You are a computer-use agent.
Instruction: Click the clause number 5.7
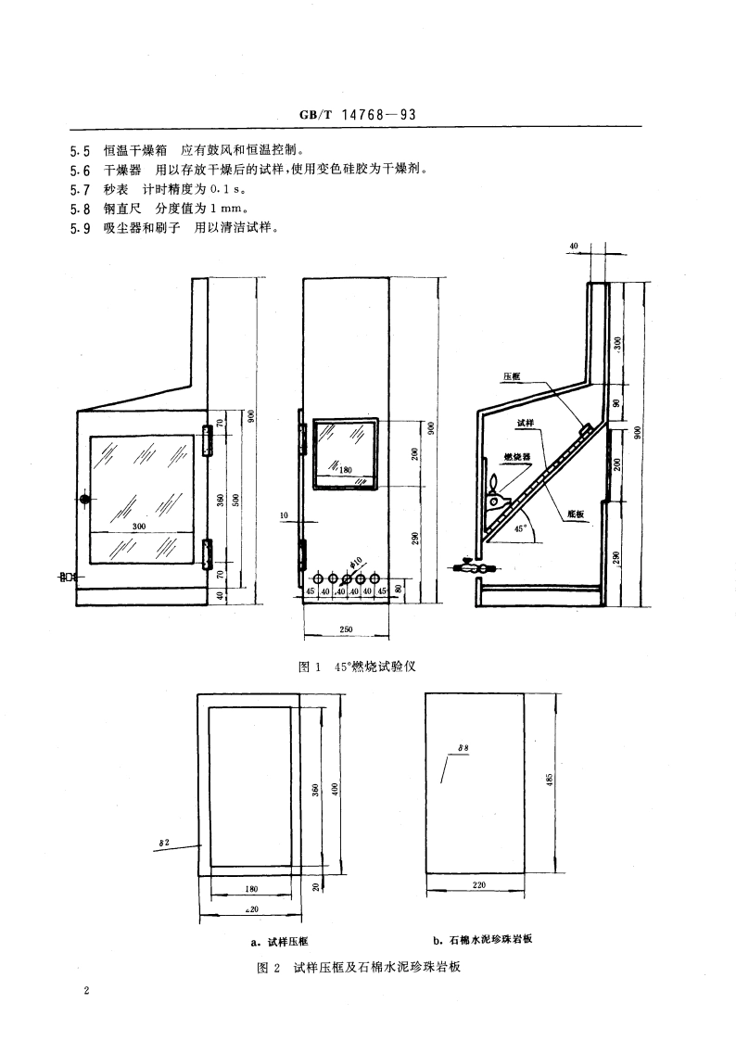click(80, 190)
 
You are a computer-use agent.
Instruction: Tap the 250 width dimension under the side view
click(346, 629)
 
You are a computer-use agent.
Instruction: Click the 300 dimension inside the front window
click(140, 526)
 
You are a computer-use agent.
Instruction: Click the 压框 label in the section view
click(512, 377)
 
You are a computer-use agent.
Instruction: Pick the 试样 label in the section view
click(526, 424)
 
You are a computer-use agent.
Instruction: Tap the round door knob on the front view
click(85, 500)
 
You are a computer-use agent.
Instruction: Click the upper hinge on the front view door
click(208, 441)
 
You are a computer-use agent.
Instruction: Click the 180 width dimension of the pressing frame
click(251, 888)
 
